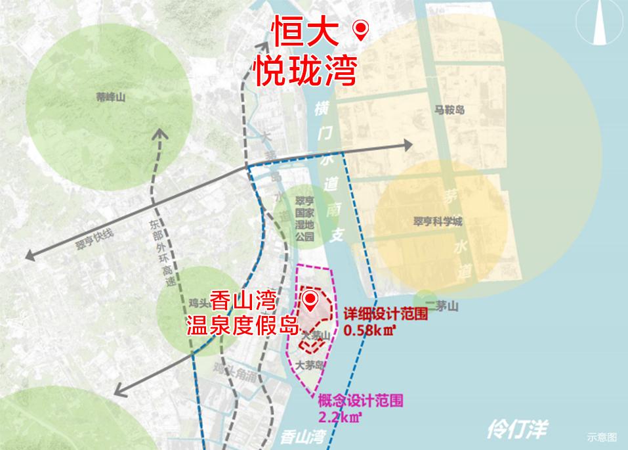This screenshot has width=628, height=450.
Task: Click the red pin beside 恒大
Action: [x=360, y=30]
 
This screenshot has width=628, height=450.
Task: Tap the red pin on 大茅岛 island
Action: [x=311, y=302]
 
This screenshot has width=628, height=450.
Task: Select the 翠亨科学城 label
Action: [x=434, y=221]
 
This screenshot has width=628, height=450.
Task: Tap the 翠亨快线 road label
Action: [x=94, y=242]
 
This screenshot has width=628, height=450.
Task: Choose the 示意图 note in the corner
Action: [x=602, y=436]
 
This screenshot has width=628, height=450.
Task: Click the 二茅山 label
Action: [x=445, y=307]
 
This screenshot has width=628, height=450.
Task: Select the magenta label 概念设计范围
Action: [x=360, y=400]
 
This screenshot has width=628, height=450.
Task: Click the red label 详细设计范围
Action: [x=385, y=315]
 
